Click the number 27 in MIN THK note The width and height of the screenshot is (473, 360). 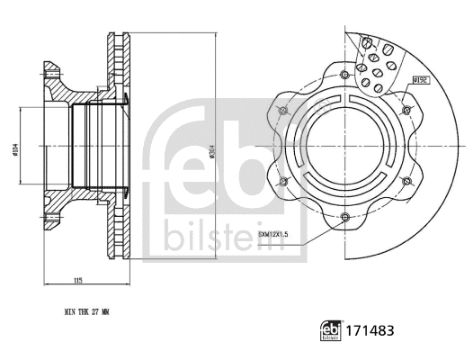(x=96, y=312)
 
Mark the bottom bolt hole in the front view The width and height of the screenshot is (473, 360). (x=346, y=216)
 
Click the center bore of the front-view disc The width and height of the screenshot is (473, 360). (x=346, y=145)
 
